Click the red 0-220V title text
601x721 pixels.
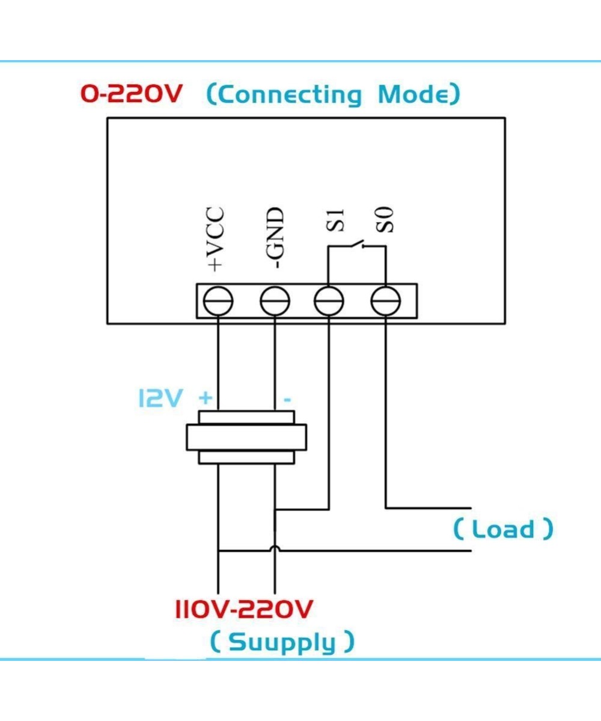[130, 94]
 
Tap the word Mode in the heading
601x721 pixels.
[419, 95]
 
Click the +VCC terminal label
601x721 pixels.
[216, 239]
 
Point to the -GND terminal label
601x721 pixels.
[275, 239]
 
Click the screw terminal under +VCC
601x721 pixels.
[218, 300]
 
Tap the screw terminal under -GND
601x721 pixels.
[275, 300]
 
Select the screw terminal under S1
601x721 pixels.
[329, 300]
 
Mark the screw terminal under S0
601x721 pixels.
[385, 300]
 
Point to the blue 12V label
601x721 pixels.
[159, 398]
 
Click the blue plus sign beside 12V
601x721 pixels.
[206, 398]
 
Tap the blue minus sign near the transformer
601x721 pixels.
[287, 400]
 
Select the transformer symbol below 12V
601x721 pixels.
[246, 437]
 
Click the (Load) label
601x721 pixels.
[502, 529]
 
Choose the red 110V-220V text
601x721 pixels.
[244, 609]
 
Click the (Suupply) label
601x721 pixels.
[282, 642]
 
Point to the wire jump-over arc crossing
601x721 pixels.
[275, 549]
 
